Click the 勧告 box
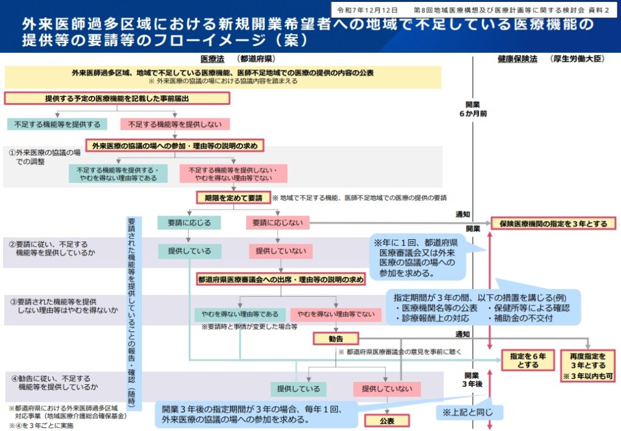(335, 339)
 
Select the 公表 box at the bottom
(387, 420)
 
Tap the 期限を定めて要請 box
(233, 198)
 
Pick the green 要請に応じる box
(189, 223)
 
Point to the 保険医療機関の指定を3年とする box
(553, 223)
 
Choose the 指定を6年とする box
(524, 361)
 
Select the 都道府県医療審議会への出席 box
(280, 280)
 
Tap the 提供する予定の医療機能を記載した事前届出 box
(117, 98)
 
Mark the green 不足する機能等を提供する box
(58, 124)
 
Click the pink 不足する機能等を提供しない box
(175, 124)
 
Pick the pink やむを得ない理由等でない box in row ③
(336, 314)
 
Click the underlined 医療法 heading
(212, 59)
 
